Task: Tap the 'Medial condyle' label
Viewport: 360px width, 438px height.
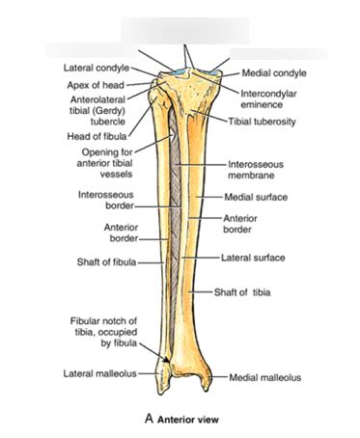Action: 267,71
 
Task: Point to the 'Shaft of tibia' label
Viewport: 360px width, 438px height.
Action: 244,293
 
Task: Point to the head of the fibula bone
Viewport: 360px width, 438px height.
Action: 156,100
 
